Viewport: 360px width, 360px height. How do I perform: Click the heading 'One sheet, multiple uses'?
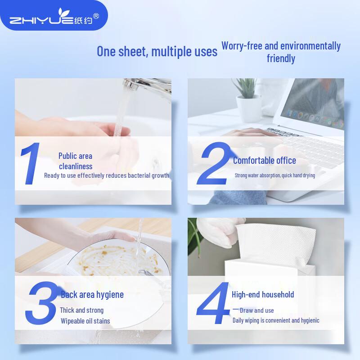[x=157, y=51]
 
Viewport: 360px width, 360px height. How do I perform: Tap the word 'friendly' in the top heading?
[x=281, y=58]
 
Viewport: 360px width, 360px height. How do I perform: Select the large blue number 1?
[x=31, y=163]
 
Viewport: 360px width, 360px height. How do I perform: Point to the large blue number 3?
[x=43, y=304]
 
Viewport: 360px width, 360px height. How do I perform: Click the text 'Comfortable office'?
[x=265, y=161]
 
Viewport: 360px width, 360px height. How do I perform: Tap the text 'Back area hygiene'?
[x=92, y=295]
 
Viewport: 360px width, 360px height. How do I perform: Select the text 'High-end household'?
[x=263, y=295]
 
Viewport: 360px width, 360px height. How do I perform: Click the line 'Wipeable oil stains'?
[x=85, y=321]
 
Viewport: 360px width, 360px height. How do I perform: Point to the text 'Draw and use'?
[x=256, y=310]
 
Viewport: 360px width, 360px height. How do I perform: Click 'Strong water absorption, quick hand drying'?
[x=274, y=175]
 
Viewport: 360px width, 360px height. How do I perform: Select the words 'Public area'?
[x=75, y=156]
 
